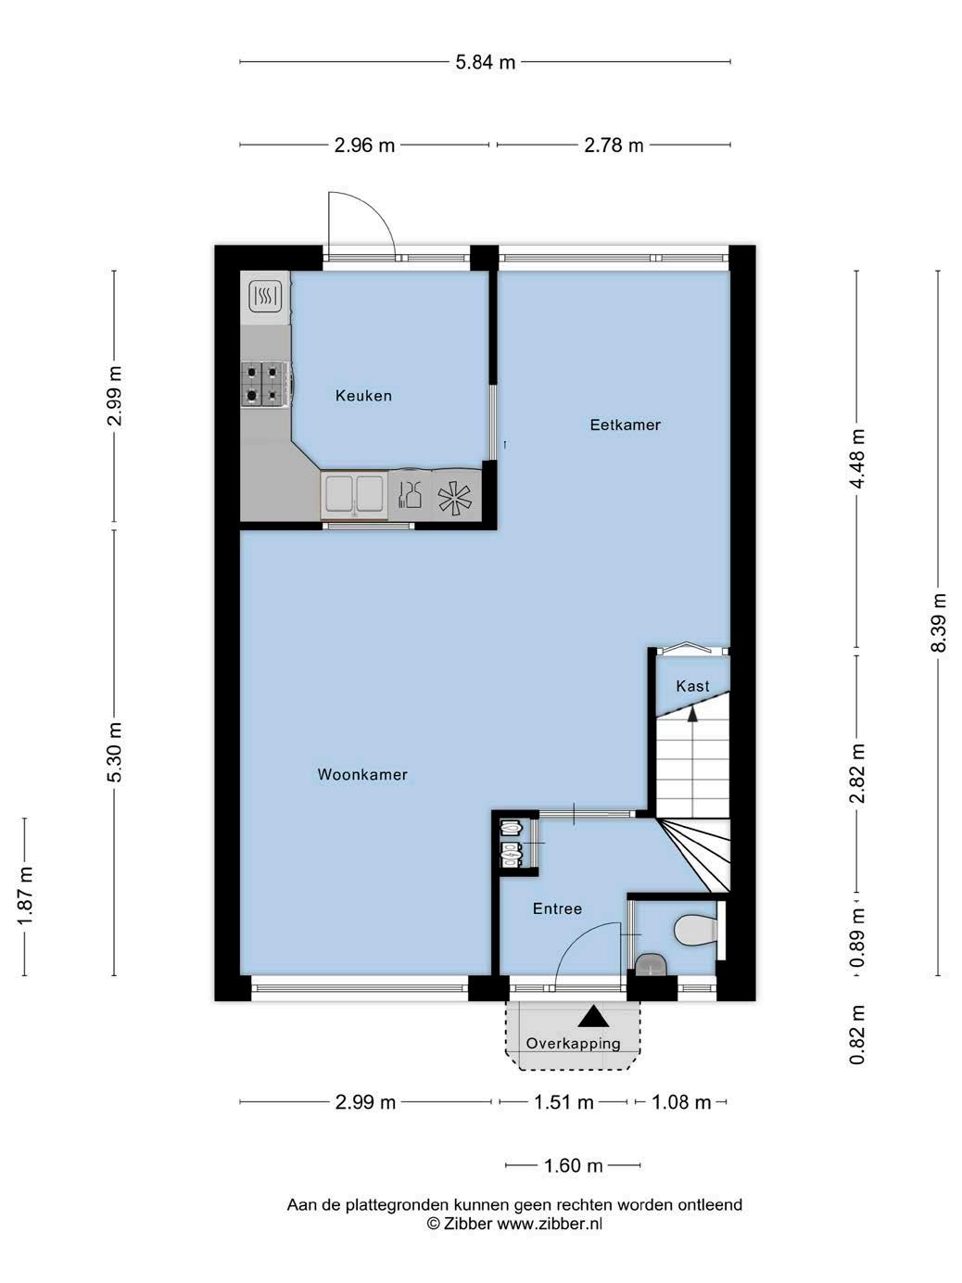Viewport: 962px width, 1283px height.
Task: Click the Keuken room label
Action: tap(363, 396)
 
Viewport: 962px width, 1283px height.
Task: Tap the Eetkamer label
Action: tap(625, 425)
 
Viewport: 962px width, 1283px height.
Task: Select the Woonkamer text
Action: tap(362, 774)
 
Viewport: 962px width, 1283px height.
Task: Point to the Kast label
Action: tap(692, 686)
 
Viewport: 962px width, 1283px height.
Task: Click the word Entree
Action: tap(557, 908)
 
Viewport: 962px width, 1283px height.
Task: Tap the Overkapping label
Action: tap(573, 1043)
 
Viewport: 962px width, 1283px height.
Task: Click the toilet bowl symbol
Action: tap(694, 930)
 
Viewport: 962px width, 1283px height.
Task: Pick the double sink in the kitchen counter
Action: tap(354, 496)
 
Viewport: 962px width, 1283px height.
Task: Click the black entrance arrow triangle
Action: tap(593, 1017)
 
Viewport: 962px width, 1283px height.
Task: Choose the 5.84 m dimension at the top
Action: tap(486, 62)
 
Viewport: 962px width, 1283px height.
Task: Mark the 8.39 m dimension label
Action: tap(939, 622)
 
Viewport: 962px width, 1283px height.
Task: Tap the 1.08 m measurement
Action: tap(681, 1103)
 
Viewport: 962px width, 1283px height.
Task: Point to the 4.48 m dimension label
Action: tap(857, 459)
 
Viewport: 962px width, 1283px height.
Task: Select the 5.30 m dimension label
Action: tap(115, 752)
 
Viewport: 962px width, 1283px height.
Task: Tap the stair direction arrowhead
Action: tap(692, 714)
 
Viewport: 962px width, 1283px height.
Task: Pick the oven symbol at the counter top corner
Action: tap(266, 297)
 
